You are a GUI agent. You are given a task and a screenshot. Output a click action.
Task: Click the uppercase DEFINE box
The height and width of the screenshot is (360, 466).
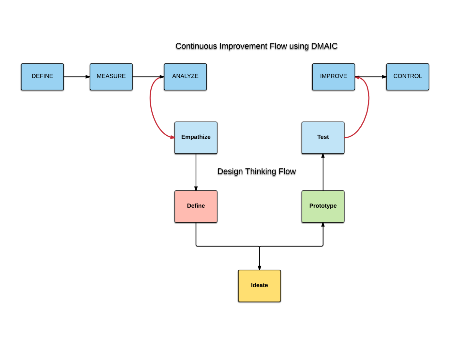pyautogui.click(x=42, y=77)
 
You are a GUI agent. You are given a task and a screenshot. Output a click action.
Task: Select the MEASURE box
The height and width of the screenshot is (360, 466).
pyautogui.click(x=111, y=77)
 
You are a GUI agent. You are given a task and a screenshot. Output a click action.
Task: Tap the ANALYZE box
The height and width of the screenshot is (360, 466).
pyautogui.click(x=185, y=77)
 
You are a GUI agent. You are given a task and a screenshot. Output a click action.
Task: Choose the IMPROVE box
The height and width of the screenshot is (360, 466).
pyautogui.click(x=333, y=77)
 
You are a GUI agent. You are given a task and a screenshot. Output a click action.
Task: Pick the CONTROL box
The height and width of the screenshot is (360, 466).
pyautogui.click(x=407, y=77)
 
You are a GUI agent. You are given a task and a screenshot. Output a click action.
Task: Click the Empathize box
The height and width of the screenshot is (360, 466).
pyautogui.click(x=196, y=138)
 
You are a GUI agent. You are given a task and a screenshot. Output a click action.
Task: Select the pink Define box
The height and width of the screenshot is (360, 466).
pyautogui.click(x=196, y=206)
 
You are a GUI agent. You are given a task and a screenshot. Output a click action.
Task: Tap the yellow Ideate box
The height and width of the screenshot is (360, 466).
pyautogui.click(x=259, y=286)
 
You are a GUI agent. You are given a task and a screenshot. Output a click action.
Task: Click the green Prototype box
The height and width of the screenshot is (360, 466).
pyautogui.click(x=323, y=206)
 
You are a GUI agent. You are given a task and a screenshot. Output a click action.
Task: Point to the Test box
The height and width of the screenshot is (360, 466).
pyautogui.click(x=323, y=138)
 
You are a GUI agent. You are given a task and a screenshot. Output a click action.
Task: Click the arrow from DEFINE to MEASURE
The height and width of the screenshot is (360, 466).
pyautogui.click(x=77, y=77)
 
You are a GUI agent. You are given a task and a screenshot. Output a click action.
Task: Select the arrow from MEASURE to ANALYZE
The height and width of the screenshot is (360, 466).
pyautogui.click(x=148, y=77)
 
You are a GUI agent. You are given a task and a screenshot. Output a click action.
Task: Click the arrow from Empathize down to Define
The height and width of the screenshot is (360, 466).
pyautogui.click(x=196, y=172)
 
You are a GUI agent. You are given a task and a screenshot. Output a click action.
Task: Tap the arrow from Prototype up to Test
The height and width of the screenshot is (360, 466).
pyautogui.click(x=323, y=172)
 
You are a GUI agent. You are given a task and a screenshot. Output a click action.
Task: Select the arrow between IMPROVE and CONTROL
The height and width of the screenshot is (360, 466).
pyautogui.click(x=371, y=77)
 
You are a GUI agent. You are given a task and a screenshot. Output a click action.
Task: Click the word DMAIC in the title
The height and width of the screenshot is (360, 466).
pyautogui.click(x=324, y=46)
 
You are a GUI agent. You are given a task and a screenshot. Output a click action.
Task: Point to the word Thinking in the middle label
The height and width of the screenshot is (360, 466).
pyautogui.click(x=260, y=171)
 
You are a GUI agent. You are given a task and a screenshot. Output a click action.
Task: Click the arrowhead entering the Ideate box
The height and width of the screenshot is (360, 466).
pyautogui.click(x=260, y=267)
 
